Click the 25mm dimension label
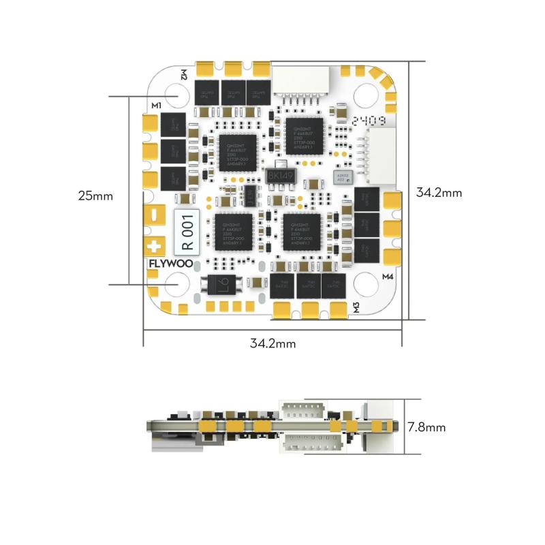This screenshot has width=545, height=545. coord(95,196)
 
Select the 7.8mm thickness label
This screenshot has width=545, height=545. coord(426,428)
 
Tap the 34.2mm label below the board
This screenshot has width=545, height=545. coord(273,343)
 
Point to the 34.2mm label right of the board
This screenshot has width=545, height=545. coord(439,193)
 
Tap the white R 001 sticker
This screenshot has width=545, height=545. coord(188,232)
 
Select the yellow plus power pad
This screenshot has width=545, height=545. coord(155,245)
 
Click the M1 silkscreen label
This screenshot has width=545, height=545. coord(156,106)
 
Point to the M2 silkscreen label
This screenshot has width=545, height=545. coord(184,74)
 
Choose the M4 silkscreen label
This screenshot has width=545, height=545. coord(388,277)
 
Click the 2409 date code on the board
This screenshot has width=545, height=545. coord(370,121)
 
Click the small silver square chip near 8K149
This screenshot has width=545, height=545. coord(342,177)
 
